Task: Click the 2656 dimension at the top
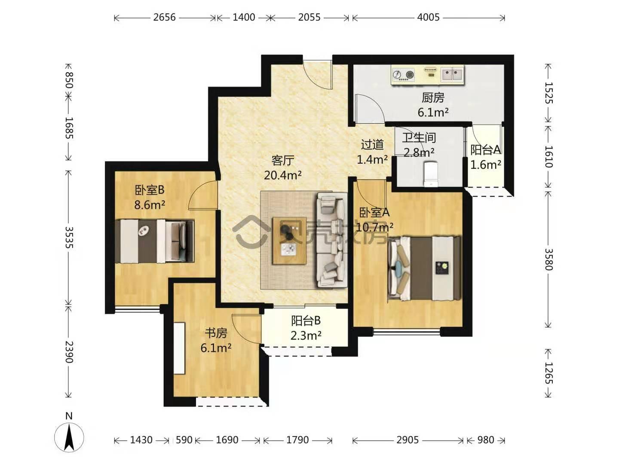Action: [x=164, y=18]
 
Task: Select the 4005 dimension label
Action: [x=428, y=18]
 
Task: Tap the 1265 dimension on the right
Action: [x=548, y=373]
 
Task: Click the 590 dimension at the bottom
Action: [x=184, y=440]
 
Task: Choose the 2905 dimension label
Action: [x=407, y=440]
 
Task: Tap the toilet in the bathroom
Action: [x=431, y=174]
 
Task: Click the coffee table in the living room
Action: [x=289, y=241]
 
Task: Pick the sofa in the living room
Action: [x=331, y=240]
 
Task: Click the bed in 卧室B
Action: [x=155, y=241]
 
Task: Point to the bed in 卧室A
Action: [x=424, y=268]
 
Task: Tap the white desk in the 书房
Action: [x=179, y=348]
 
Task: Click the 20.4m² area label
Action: [x=282, y=175]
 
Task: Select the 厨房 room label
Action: [x=433, y=98]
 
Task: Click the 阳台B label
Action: [x=306, y=321]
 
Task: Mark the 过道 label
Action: [x=372, y=144]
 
